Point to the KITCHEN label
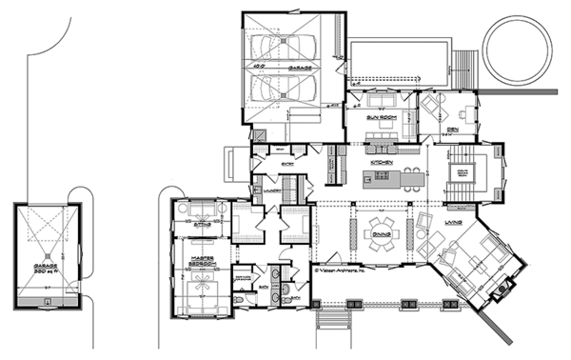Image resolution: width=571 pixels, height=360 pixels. point(382,164)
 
